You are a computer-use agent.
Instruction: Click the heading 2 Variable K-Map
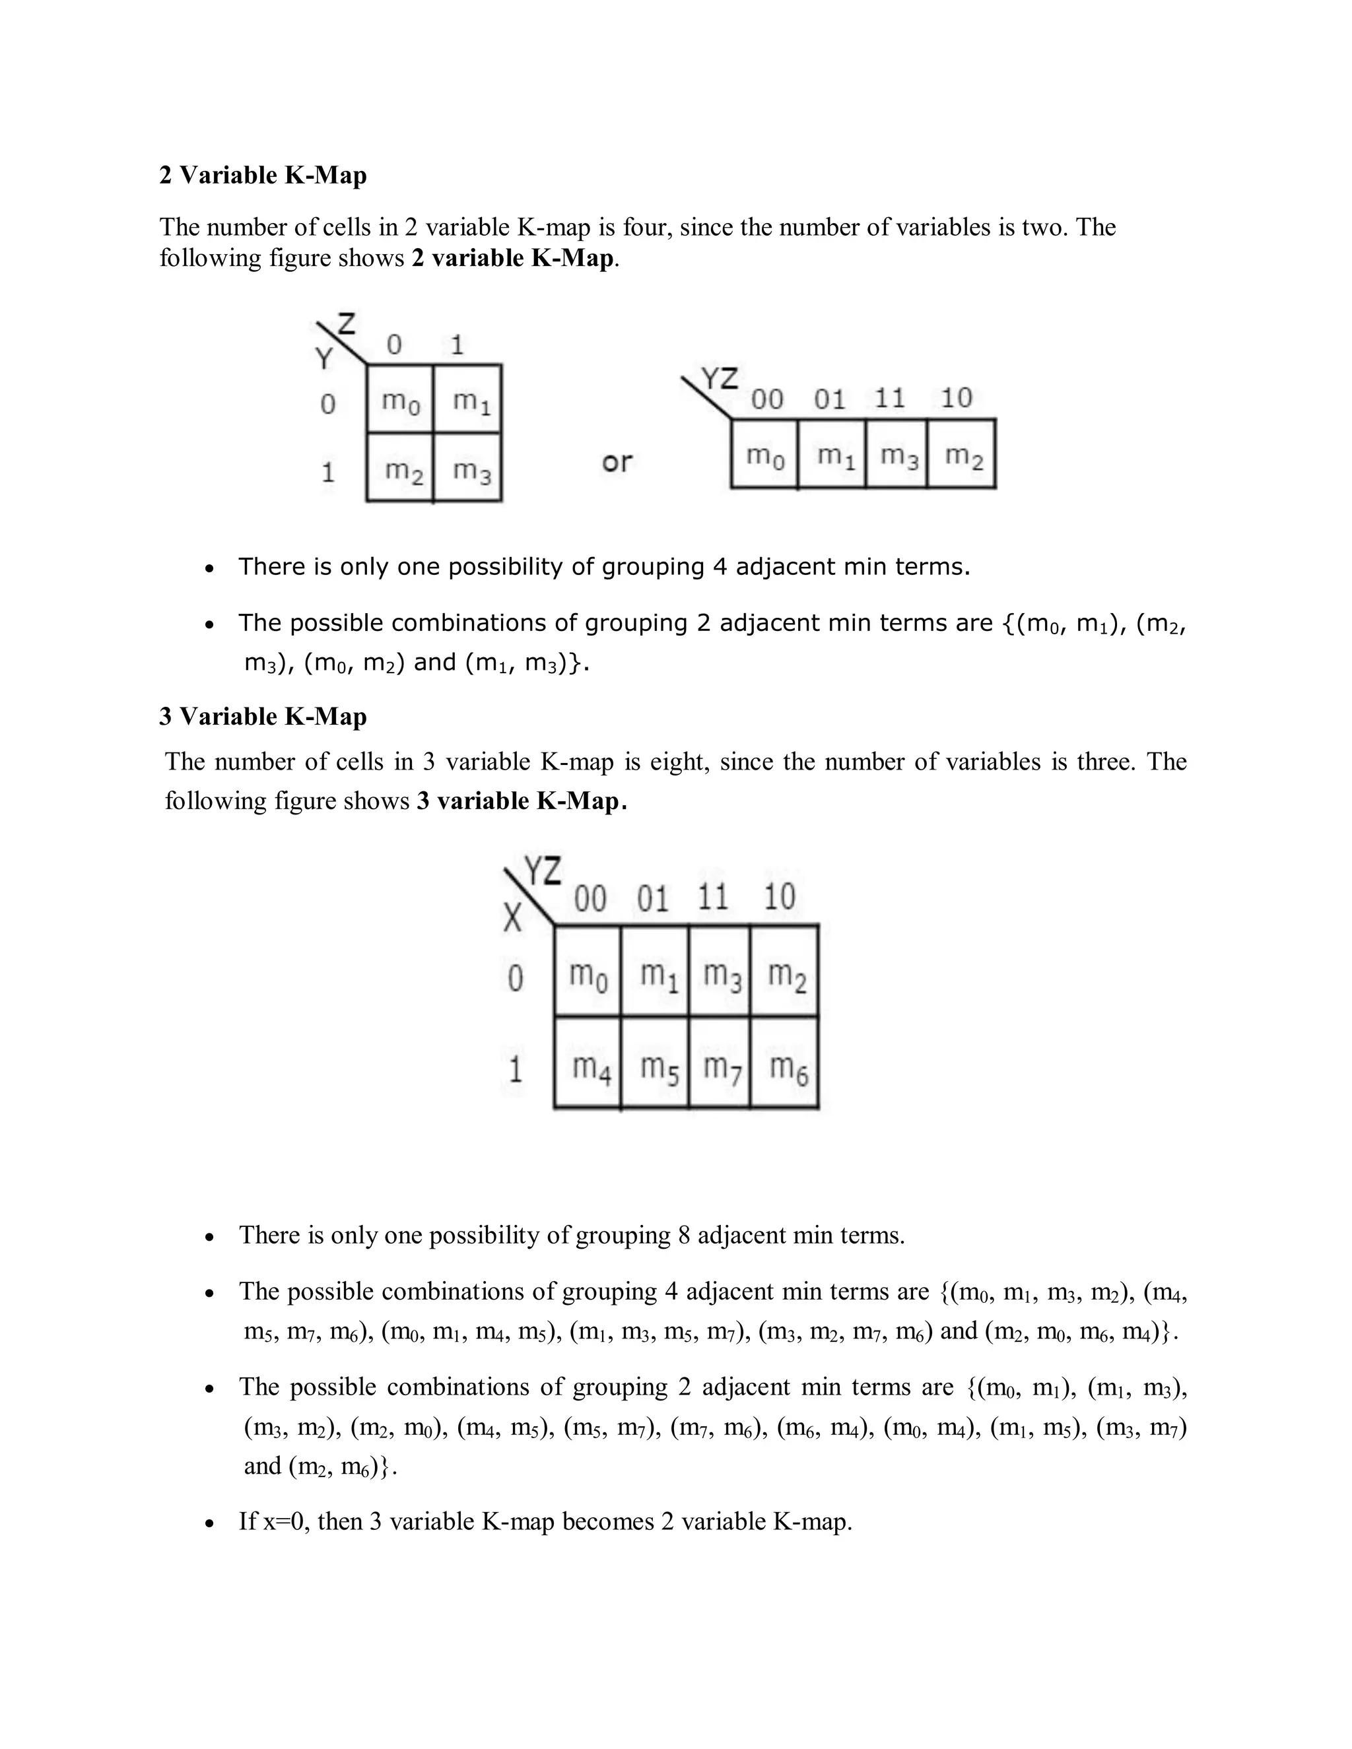[x=263, y=176]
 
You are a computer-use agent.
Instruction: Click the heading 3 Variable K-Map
[x=263, y=716]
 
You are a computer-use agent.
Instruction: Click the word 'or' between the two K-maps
[x=617, y=462]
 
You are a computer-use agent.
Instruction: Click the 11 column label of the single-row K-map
[x=890, y=398]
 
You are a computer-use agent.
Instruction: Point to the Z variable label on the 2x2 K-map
[x=347, y=324]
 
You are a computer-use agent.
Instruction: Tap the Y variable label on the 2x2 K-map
[x=323, y=358]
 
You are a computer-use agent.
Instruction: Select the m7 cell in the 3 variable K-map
[x=720, y=1066]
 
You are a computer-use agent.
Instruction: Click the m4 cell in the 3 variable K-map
[x=589, y=1066]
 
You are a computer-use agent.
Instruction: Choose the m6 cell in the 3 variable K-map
[x=785, y=1066]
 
